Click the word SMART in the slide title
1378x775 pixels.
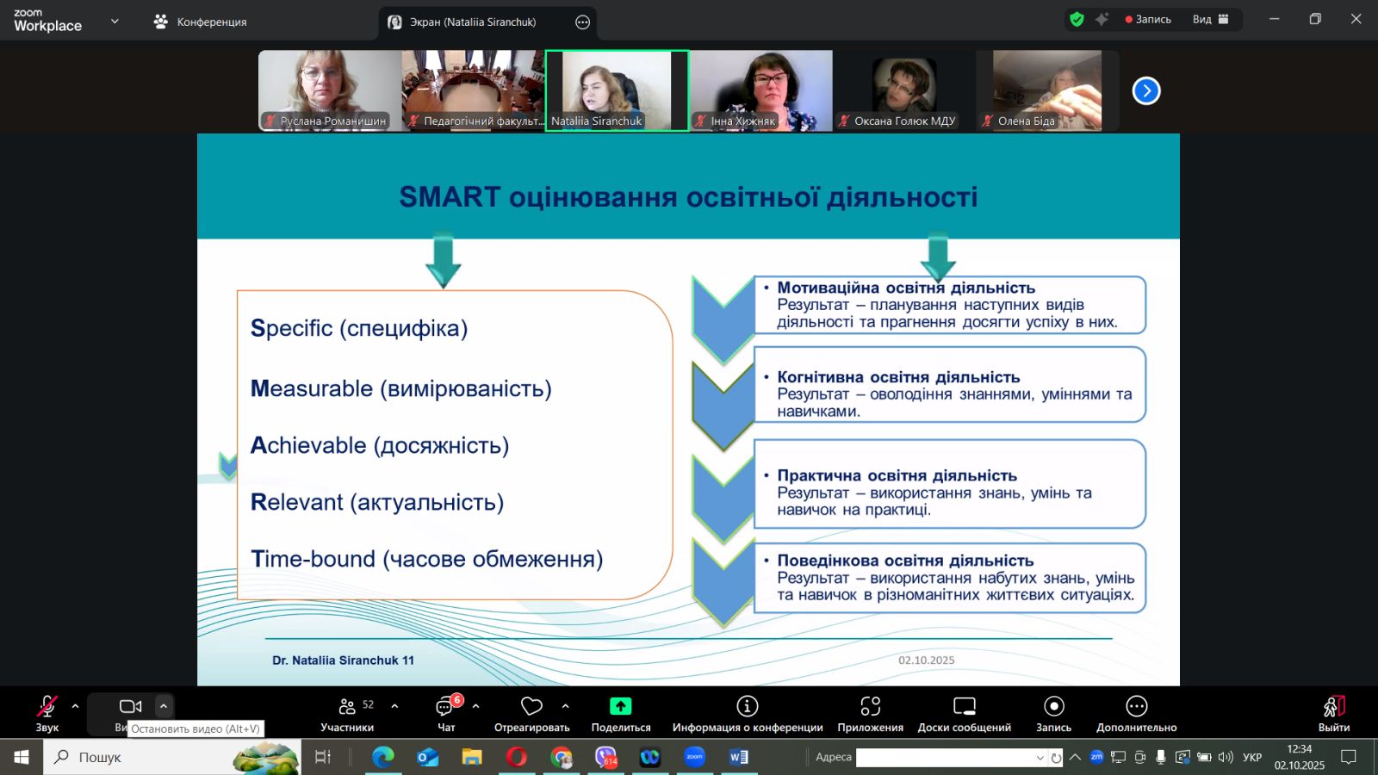pos(450,197)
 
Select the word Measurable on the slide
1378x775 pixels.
pos(312,388)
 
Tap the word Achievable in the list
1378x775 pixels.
pos(308,445)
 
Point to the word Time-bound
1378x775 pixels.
pos(313,559)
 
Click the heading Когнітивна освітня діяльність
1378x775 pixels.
pos(899,377)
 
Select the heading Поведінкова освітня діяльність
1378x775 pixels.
pos(905,561)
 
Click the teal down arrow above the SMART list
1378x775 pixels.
pos(443,261)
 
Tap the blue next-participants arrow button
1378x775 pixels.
pos(1146,91)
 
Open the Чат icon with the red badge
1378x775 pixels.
pos(445,707)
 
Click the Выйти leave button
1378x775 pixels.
pos(1334,714)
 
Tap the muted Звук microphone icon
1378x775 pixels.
pos(47,706)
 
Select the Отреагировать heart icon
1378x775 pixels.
pos(531,706)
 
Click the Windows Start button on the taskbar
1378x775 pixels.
pos(21,757)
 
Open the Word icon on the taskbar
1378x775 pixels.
pos(738,757)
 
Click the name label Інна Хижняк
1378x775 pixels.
pos(742,121)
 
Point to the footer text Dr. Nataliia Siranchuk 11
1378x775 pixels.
pos(343,660)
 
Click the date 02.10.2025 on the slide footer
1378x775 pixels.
pos(927,660)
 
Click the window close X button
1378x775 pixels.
pos(1356,19)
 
